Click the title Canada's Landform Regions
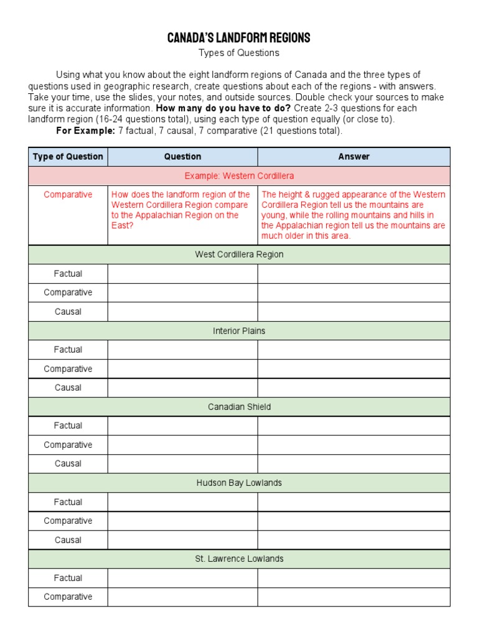239,38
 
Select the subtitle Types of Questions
239,53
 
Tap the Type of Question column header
68,157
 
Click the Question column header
182,157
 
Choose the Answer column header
354,157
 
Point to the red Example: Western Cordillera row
239,176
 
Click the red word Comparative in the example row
68,195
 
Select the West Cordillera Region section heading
239,254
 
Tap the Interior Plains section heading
239,331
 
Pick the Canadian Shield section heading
239,407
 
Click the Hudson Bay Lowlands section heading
239,483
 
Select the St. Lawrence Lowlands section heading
239,559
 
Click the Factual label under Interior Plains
68,350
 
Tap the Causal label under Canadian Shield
68,463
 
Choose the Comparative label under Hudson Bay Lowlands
68,521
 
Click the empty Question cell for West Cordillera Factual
182,274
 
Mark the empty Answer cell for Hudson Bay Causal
354,540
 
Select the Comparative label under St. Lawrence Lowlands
68,597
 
